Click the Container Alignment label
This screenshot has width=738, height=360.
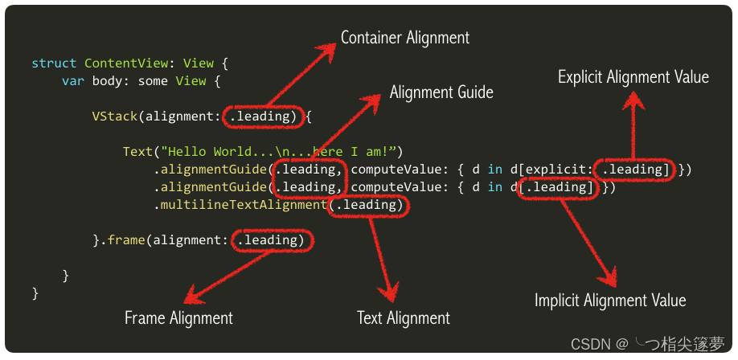404,38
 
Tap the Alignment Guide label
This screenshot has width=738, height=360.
441,92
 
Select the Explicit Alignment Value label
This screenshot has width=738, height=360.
633,77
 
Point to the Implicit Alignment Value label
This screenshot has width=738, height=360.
610,301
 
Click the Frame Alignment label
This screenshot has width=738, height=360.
178,318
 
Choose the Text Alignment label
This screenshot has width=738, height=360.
404,318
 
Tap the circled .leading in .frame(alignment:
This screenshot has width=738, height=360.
273,240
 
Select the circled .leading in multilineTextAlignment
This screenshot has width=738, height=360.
369,205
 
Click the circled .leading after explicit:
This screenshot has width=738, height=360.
635,170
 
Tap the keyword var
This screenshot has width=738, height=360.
73,81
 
